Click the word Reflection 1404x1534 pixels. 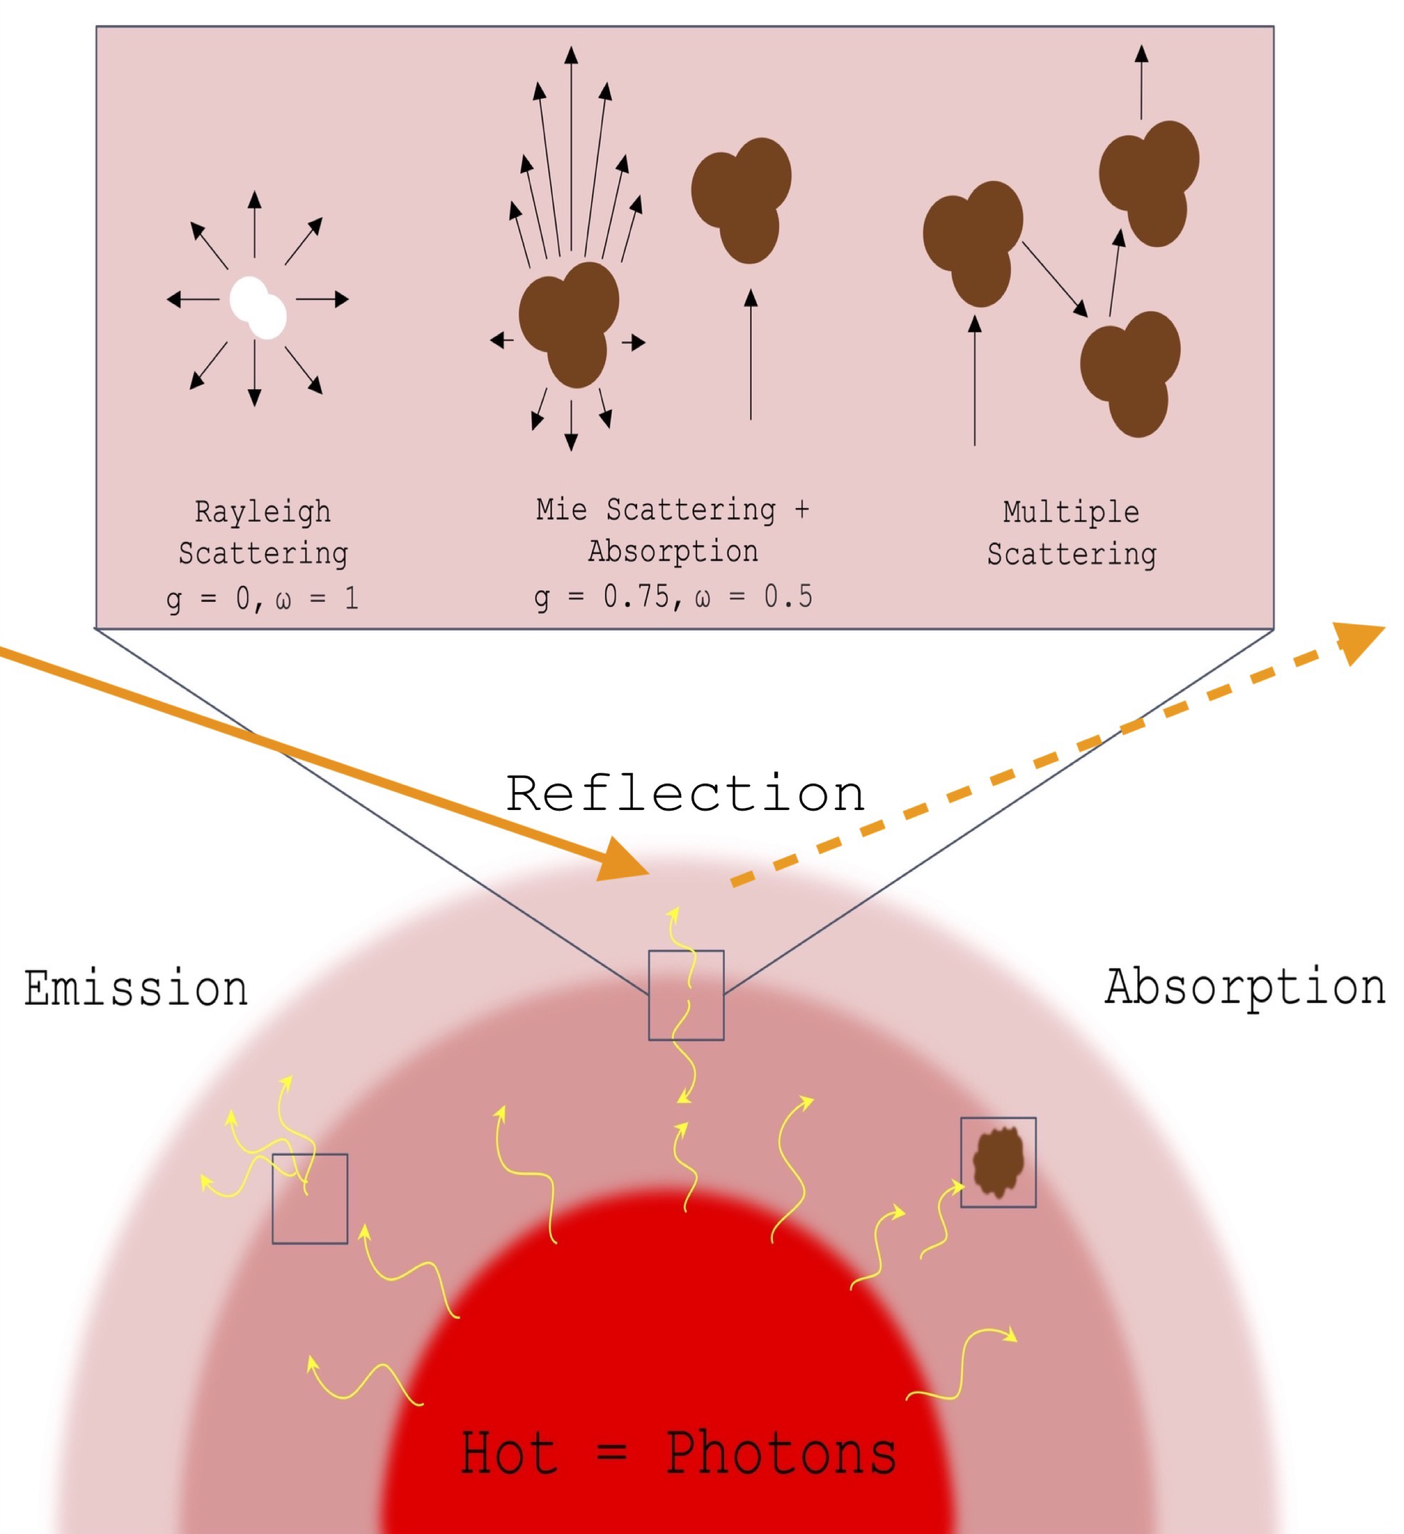686,794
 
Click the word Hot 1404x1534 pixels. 509,1453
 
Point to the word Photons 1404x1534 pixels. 782,1453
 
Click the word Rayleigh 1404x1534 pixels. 263,512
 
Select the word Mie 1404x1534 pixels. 561,509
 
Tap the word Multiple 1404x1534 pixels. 1072,512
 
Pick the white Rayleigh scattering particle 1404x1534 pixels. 258,307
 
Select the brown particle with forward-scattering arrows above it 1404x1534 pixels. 569,324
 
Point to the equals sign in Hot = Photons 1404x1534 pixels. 612,1453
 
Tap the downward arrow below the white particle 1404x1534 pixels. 254,373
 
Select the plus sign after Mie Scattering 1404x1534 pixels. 801,509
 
